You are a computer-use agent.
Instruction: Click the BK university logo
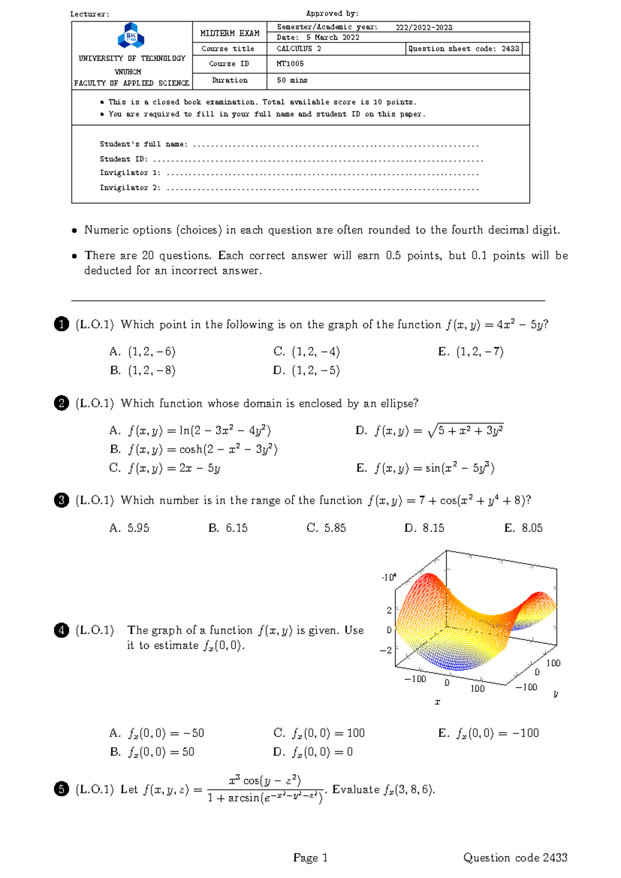point(131,36)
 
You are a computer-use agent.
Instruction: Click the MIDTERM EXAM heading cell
point(230,33)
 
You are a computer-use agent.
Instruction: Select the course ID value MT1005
point(290,64)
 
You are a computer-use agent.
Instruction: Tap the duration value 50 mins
point(292,80)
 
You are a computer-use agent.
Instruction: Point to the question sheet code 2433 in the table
point(510,49)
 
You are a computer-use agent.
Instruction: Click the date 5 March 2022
point(332,37)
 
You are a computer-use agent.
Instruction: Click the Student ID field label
point(124,159)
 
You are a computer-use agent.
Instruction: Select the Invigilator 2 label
point(130,187)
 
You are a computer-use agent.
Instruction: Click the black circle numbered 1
point(61,325)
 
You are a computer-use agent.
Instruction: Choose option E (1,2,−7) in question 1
point(471,352)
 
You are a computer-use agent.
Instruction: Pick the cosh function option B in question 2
point(195,449)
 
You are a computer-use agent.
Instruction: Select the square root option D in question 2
point(430,431)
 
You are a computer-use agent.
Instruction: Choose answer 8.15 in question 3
point(424,528)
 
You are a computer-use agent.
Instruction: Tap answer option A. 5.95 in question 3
point(129,528)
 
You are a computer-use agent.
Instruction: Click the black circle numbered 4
point(61,630)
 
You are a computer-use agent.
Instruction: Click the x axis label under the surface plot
point(437,702)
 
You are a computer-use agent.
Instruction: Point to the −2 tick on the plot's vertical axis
point(386,650)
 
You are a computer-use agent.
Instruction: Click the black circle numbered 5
point(61,789)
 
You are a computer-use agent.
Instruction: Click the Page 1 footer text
point(310,858)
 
